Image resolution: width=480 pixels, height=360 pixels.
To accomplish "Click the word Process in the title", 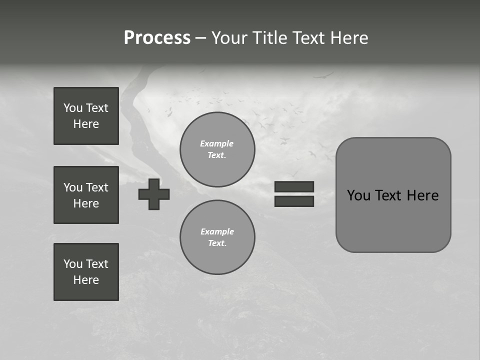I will click(157, 38).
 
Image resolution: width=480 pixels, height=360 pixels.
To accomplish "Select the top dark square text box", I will click(86, 116).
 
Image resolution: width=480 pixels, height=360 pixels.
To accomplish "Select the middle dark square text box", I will click(86, 195).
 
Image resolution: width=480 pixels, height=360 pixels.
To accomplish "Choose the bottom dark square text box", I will click(86, 272).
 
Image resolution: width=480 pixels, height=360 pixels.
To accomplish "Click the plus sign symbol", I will click(154, 194).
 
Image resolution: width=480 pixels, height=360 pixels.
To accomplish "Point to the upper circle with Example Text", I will click(217, 149).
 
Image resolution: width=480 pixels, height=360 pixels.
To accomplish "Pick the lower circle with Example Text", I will click(217, 237).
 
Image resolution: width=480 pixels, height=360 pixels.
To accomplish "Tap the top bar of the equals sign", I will click(294, 186).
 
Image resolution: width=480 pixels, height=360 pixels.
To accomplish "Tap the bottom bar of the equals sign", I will click(294, 201).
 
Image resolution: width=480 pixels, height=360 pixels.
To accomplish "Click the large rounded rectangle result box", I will click(393, 220).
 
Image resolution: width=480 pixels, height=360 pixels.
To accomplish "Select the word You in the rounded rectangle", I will click(358, 195).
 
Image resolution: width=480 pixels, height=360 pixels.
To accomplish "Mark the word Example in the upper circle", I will click(217, 143).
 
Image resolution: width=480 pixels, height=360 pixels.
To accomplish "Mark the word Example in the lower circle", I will click(217, 231).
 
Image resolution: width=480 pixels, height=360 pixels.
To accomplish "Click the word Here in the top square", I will click(86, 124).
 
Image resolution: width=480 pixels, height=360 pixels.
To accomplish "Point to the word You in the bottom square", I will click(73, 264).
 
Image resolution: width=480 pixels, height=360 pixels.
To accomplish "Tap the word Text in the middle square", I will click(97, 187).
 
